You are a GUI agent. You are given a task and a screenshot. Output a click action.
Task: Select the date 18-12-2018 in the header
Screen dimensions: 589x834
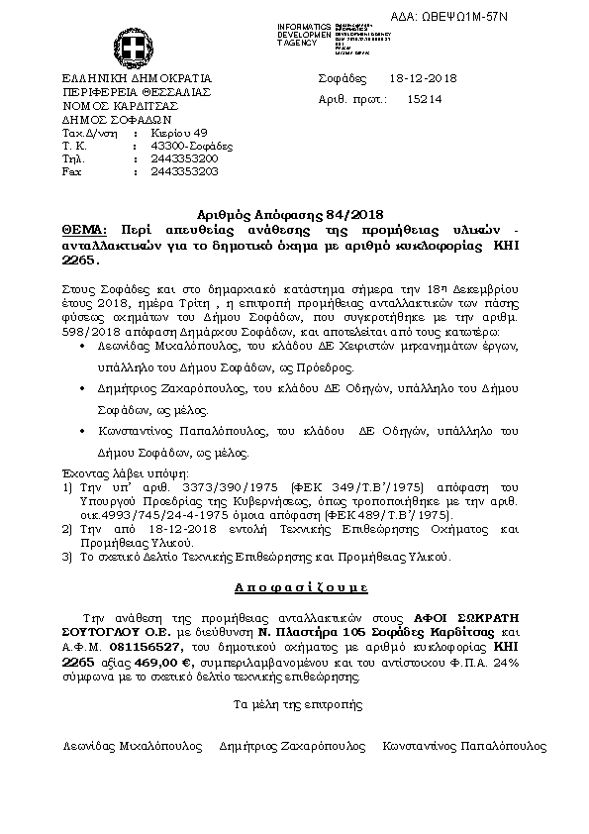[x=423, y=78]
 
